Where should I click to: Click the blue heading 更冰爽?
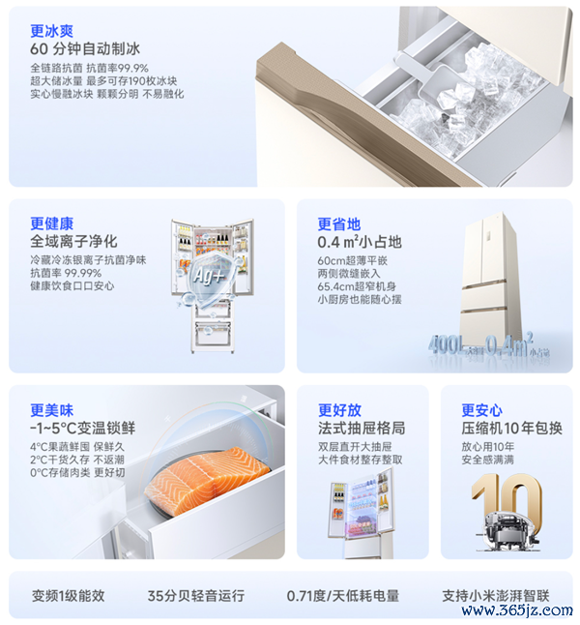52,31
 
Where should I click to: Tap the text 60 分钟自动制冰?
85,49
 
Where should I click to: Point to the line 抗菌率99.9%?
118,68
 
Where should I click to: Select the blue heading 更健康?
52,223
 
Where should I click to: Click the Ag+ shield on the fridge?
209,277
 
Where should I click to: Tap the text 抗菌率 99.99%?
66,273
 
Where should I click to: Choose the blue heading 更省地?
339,224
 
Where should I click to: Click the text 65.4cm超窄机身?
357,286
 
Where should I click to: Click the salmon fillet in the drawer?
206,480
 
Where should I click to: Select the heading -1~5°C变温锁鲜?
83,428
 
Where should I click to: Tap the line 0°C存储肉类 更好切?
77,473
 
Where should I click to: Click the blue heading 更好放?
339,410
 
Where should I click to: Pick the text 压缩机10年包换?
512,428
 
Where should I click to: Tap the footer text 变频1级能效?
68,596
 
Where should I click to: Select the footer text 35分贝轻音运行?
196,596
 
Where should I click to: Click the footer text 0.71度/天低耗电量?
342,596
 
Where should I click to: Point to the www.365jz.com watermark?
516,610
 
